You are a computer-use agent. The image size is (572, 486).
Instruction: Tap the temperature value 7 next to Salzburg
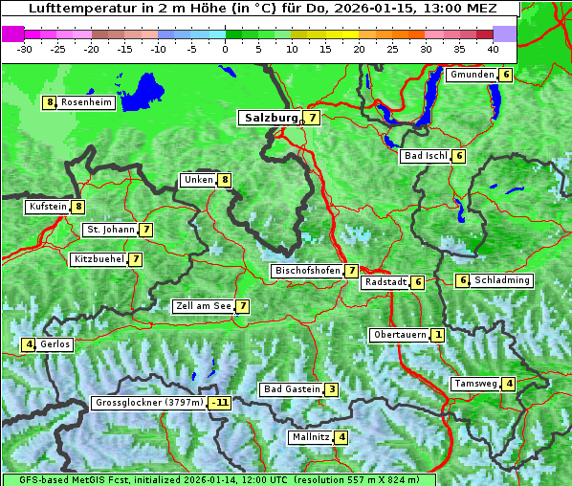click(314, 118)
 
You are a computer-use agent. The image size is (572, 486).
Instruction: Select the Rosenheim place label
click(86, 102)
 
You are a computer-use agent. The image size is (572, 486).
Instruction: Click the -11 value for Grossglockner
click(220, 403)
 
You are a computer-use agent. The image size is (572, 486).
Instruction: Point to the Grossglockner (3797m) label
click(149, 403)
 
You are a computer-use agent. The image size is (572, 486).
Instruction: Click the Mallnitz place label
click(310, 437)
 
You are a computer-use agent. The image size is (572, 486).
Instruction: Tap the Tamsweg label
click(475, 384)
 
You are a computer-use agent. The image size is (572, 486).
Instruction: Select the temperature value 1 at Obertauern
click(437, 335)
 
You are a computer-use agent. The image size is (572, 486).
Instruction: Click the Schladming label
click(502, 280)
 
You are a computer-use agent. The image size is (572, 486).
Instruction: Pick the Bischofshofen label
click(307, 271)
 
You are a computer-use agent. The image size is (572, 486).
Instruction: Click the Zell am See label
click(203, 306)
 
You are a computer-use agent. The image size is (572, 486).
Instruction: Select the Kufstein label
click(48, 206)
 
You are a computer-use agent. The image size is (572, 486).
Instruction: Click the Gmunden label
click(472, 75)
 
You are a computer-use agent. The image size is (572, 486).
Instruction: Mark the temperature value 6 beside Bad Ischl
click(459, 156)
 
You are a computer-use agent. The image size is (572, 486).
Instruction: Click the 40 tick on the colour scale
click(492, 48)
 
